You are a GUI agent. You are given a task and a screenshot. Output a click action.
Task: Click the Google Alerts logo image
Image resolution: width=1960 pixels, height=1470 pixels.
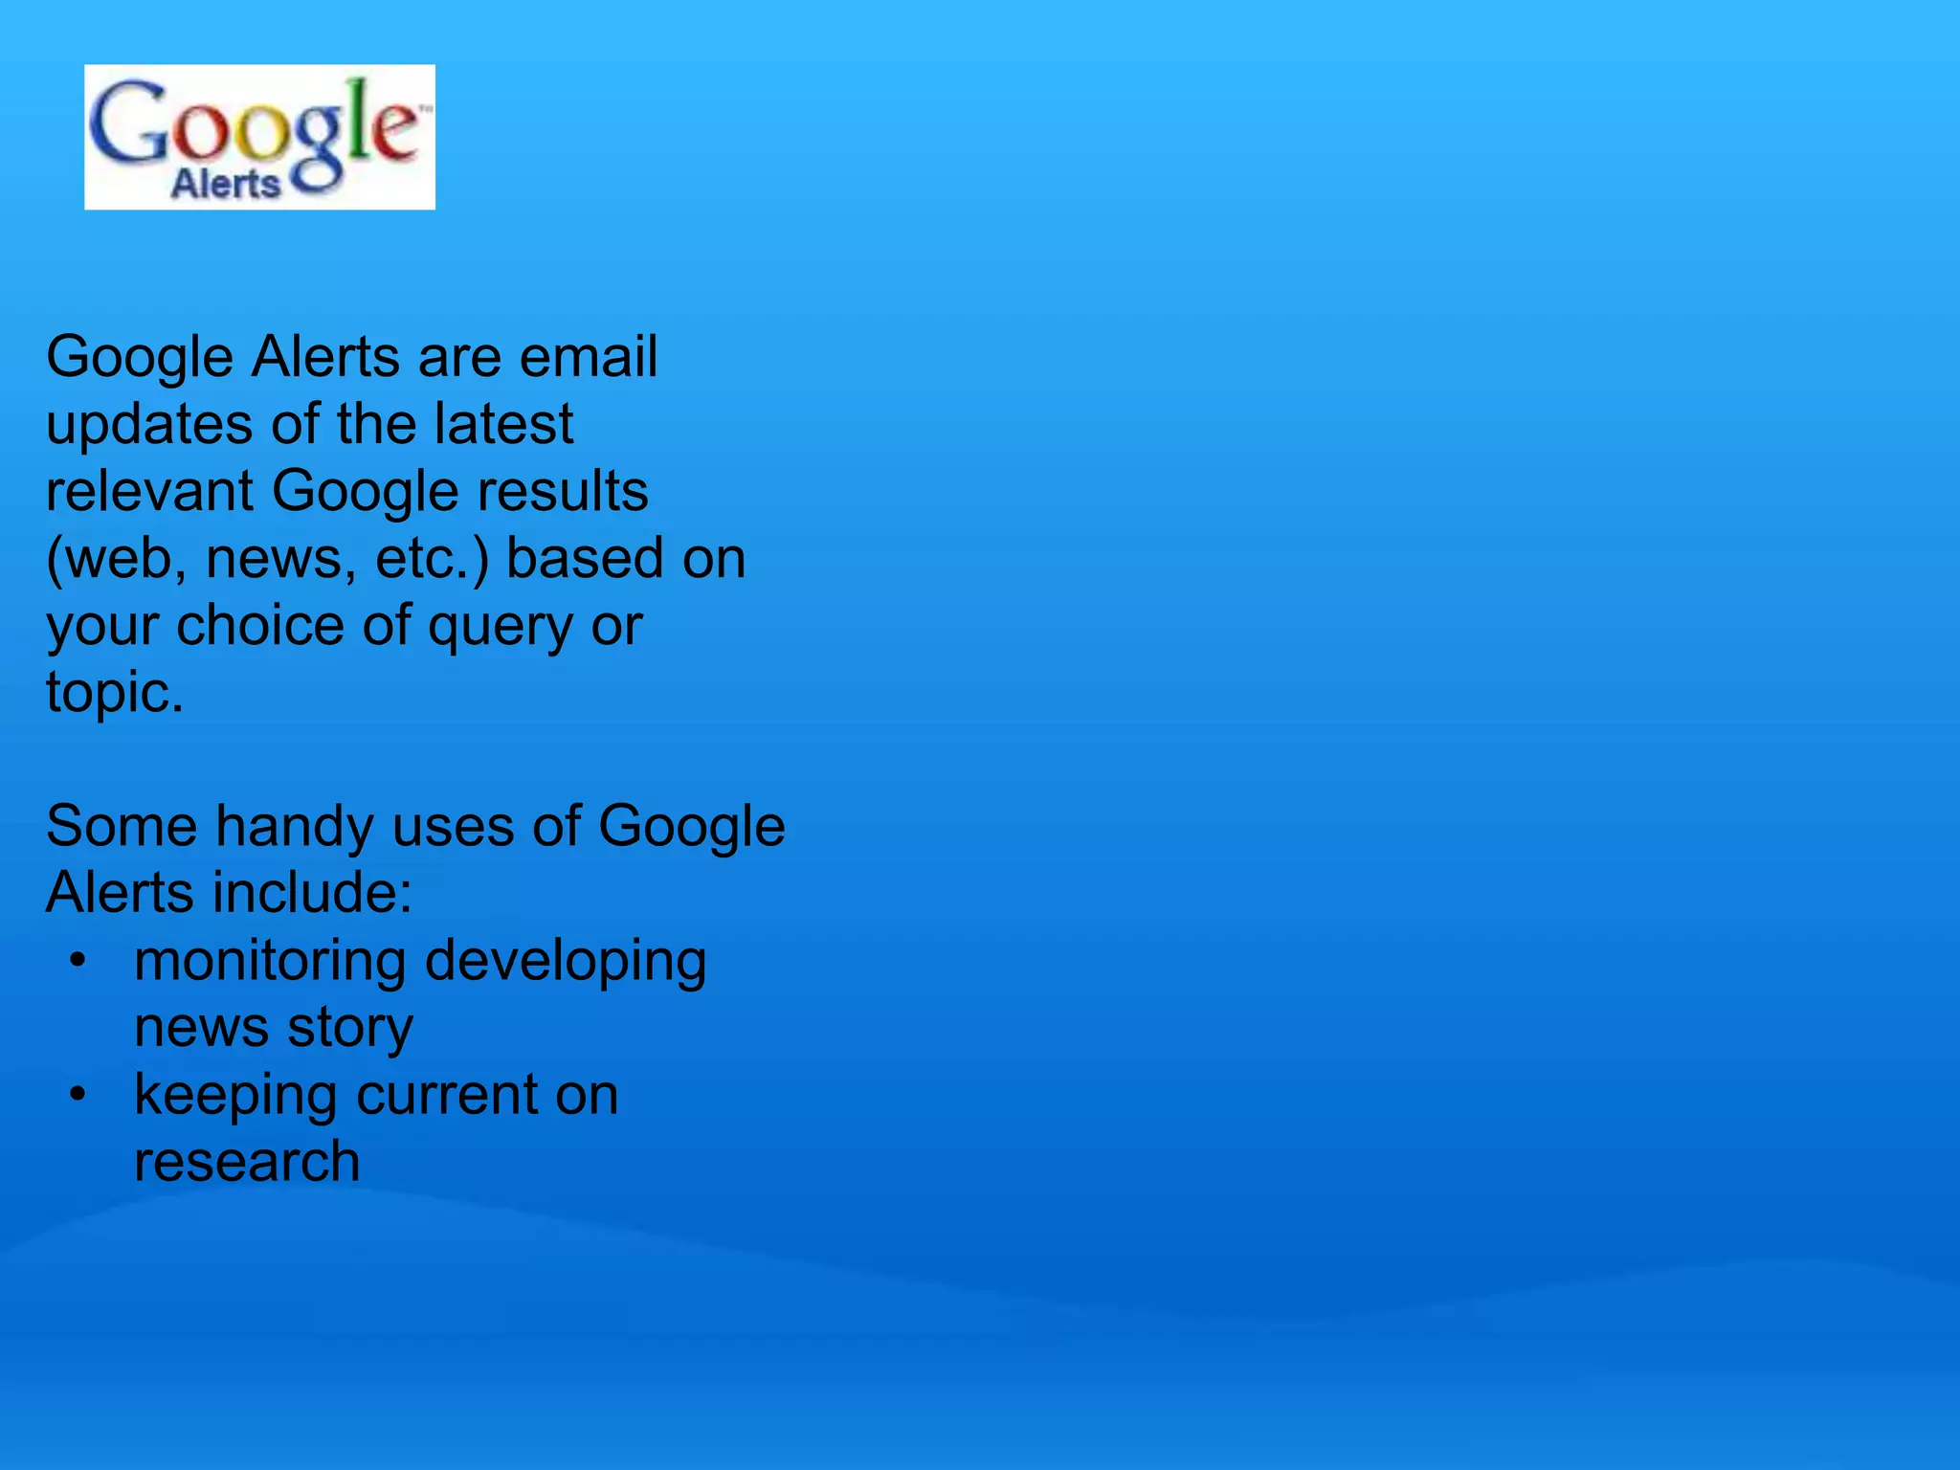(259, 137)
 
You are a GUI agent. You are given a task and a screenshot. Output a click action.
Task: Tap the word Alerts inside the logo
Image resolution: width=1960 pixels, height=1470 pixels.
(226, 182)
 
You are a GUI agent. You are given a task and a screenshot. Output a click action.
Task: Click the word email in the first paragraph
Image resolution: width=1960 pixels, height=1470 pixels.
(588, 357)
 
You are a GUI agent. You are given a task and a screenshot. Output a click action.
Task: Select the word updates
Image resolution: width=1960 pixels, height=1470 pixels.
(149, 425)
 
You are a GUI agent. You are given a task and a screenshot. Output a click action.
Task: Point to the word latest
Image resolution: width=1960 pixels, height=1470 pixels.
(502, 424)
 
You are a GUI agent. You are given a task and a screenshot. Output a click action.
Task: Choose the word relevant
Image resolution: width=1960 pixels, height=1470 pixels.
(149, 491)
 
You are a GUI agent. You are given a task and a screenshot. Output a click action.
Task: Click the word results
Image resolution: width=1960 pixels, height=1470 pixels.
(562, 491)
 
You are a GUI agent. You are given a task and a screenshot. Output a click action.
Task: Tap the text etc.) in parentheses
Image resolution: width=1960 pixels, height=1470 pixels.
(432, 559)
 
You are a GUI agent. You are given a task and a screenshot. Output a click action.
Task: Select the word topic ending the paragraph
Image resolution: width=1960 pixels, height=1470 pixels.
(113, 693)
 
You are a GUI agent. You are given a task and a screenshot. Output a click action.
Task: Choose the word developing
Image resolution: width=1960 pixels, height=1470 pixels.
(565, 962)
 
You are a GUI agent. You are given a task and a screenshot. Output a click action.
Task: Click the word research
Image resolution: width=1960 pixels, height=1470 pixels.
(247, 1162)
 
